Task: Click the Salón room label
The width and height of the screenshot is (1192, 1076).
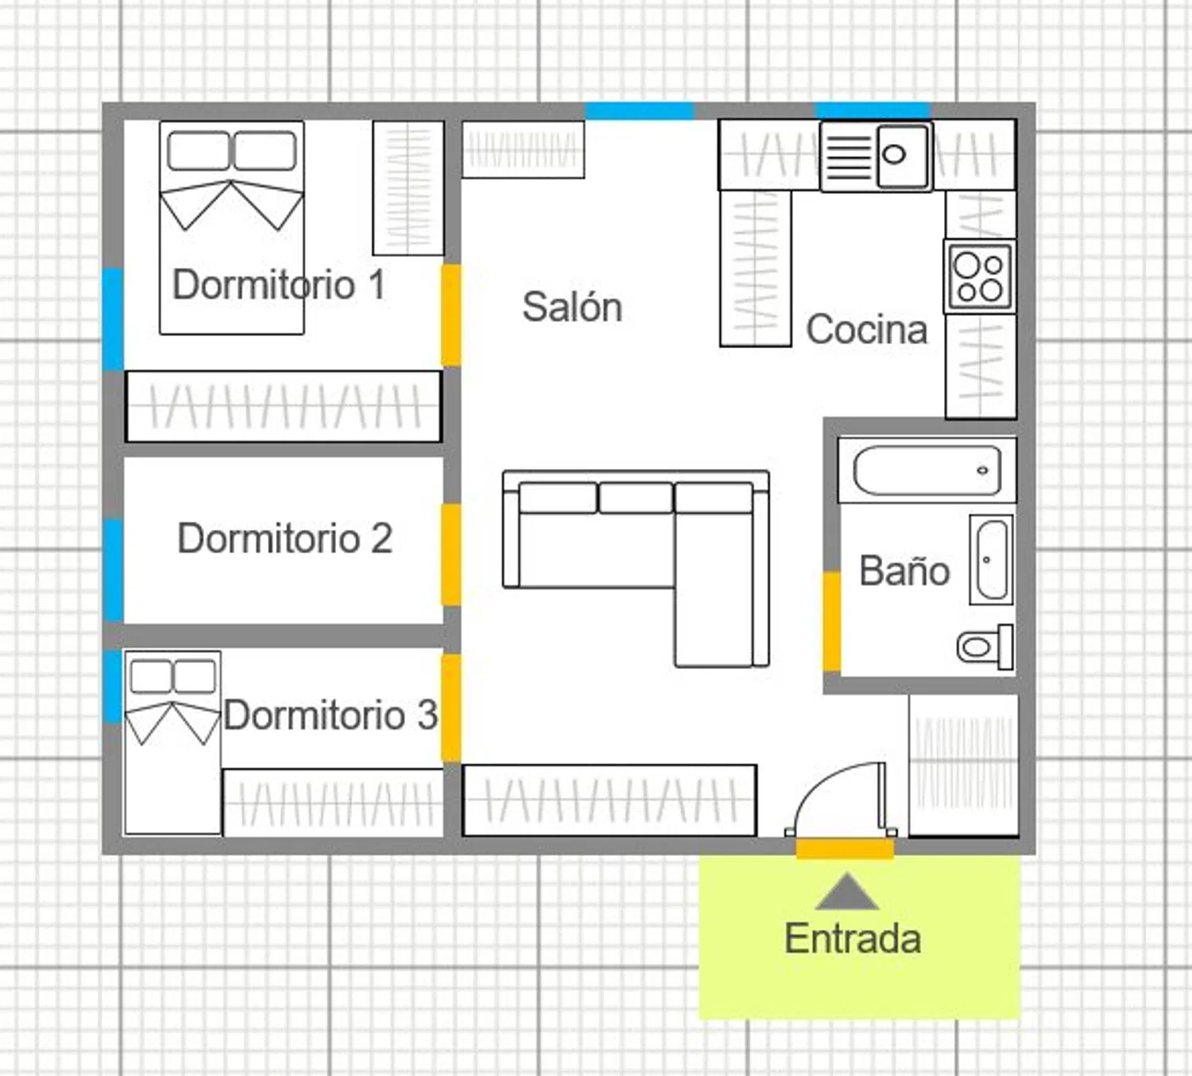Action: coord(572,307)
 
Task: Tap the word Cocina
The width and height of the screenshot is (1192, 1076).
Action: coord(866,329)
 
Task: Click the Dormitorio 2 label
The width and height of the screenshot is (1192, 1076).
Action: coord(285,538)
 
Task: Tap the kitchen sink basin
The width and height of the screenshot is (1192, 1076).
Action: coord(903,156)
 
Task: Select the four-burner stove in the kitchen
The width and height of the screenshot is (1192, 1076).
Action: coord(980,277)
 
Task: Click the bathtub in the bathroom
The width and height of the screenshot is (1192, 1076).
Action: coord(927,470)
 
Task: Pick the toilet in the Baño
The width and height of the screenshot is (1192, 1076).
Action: coord(985,647)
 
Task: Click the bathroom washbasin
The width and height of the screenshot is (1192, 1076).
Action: coord(992,559)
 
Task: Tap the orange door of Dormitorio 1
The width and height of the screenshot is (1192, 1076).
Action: coord(451,315)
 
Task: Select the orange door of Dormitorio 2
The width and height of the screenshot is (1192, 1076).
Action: coord(451,555)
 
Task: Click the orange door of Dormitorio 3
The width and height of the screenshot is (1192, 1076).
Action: coord(451,707)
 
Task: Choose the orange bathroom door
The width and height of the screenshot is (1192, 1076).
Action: coord(832,621)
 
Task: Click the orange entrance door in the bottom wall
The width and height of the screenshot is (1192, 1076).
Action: coord(845,848)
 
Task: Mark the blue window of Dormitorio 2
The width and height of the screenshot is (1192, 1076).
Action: coord(113,571)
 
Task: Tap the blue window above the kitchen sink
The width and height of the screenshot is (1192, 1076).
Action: coord(873,110)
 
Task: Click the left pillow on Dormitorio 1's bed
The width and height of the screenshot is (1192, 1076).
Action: coord(199,150)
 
